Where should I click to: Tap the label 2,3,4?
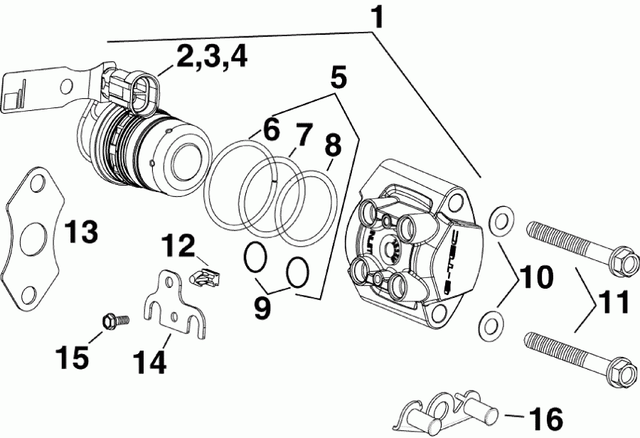(212, 58)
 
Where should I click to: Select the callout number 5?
(338, 76)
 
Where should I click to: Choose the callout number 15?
(74, 358)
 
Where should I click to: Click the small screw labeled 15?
(112, 321)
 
